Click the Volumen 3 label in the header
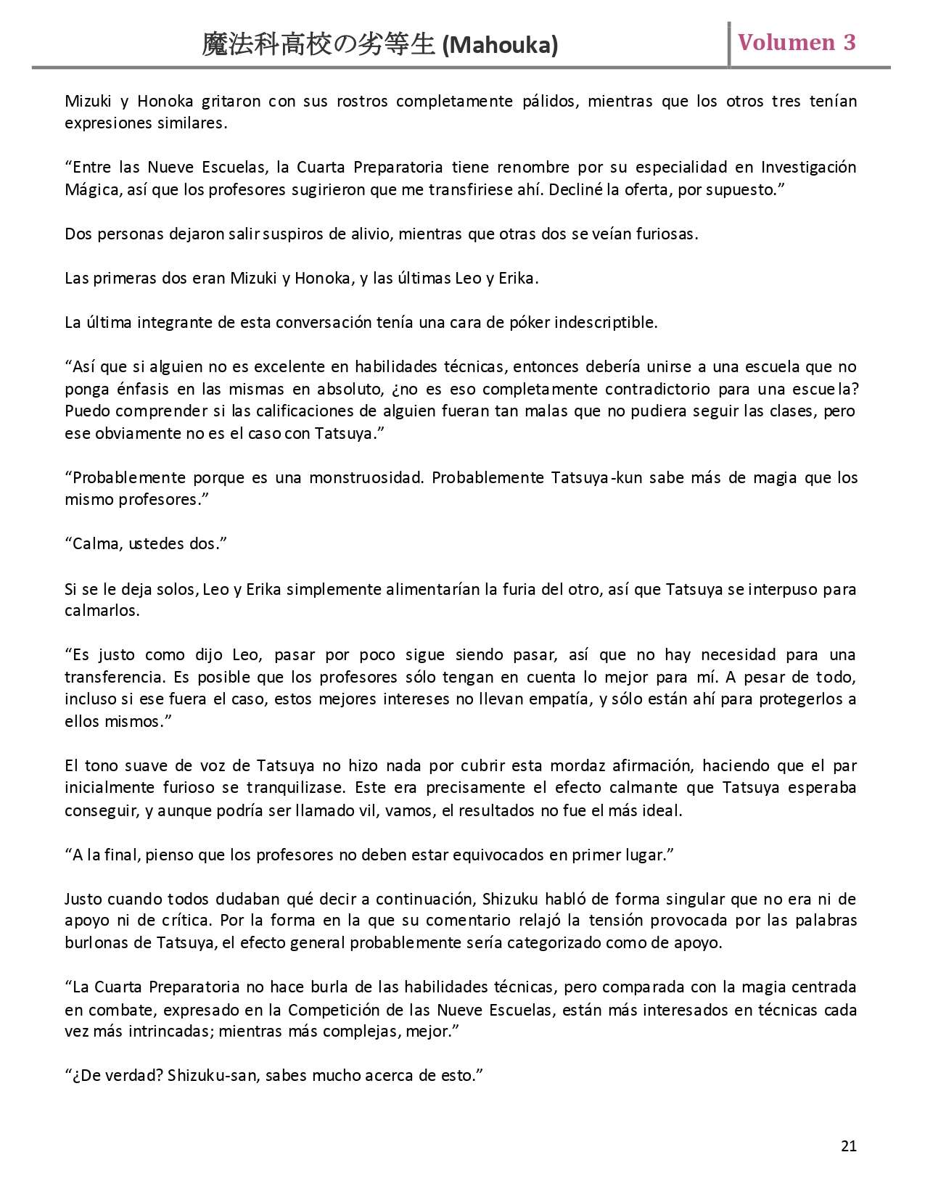797,43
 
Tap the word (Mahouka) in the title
500,46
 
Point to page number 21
849,1145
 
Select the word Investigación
808,168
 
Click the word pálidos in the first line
550,101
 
